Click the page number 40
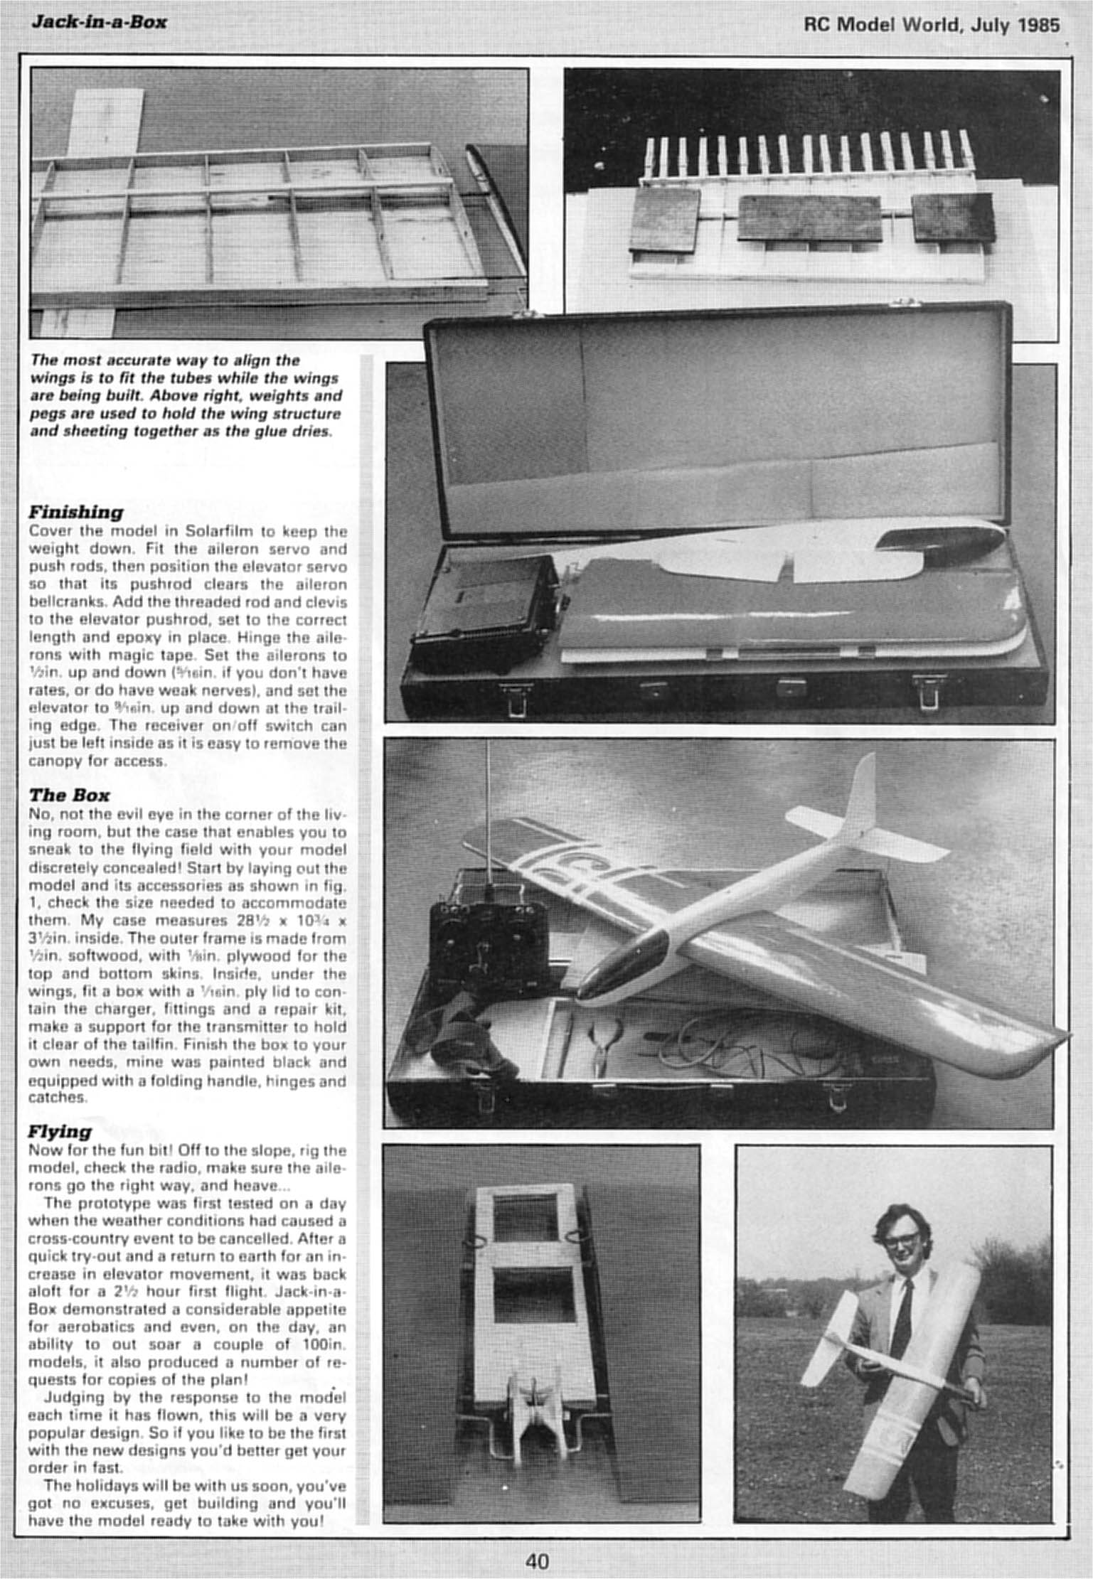[537, 1561]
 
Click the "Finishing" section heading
[75, 512]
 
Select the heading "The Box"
[69, 795]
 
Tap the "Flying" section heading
[60, 1131]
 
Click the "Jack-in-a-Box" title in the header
[99, 22]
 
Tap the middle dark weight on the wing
[809, 218]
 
